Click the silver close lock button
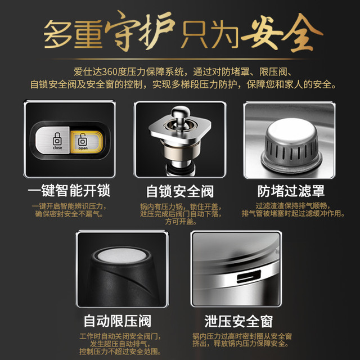click(52, 141)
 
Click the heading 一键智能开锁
click(69, 191)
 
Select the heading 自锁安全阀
click(180, 191)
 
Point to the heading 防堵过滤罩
click(291, 191)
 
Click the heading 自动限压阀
click(118, 321)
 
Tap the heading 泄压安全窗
click(238, 321)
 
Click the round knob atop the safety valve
click(181, 112)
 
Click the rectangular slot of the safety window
click(249, 276)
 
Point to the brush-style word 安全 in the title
click(282, 32)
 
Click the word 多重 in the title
click(73, 34)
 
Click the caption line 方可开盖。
click(181, 222)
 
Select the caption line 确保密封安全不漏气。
click(69, 214)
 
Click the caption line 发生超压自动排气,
click(120, 344)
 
